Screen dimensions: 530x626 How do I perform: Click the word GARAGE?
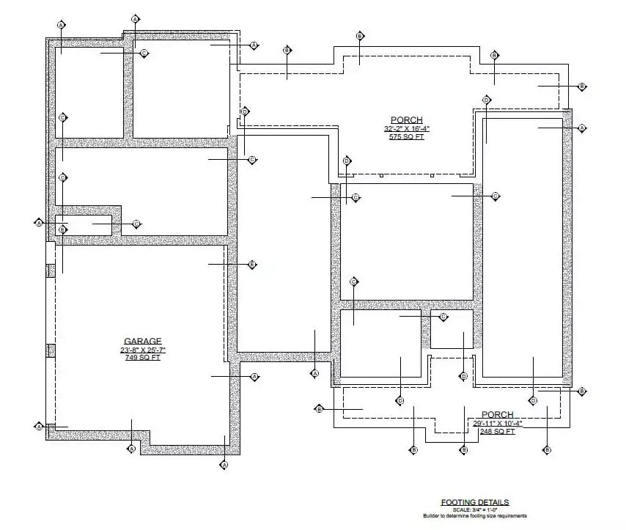(x=143, y=341)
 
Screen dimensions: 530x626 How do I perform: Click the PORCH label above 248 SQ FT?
(x=497, y=415)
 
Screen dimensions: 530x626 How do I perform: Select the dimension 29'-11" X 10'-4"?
(x=497, y=424)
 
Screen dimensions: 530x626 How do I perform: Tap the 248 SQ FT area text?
(x=497, y=432)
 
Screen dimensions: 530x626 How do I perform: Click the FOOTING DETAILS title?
(x=474, y=502)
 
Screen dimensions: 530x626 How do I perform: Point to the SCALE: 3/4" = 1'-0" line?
(x=474, y=509)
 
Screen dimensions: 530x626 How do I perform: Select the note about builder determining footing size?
(x=474, y=516)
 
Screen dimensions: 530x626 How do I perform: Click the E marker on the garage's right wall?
(x=251, y=264)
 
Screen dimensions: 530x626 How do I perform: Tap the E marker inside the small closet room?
(x=63, y=230)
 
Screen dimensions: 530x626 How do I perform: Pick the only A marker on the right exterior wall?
(x=582, y=128)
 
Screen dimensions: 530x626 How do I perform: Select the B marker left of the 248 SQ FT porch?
(x=319, y=408)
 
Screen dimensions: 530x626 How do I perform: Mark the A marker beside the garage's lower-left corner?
(x=39, y=426)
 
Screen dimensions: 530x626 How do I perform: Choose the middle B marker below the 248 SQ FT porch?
(x=463, y=449)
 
